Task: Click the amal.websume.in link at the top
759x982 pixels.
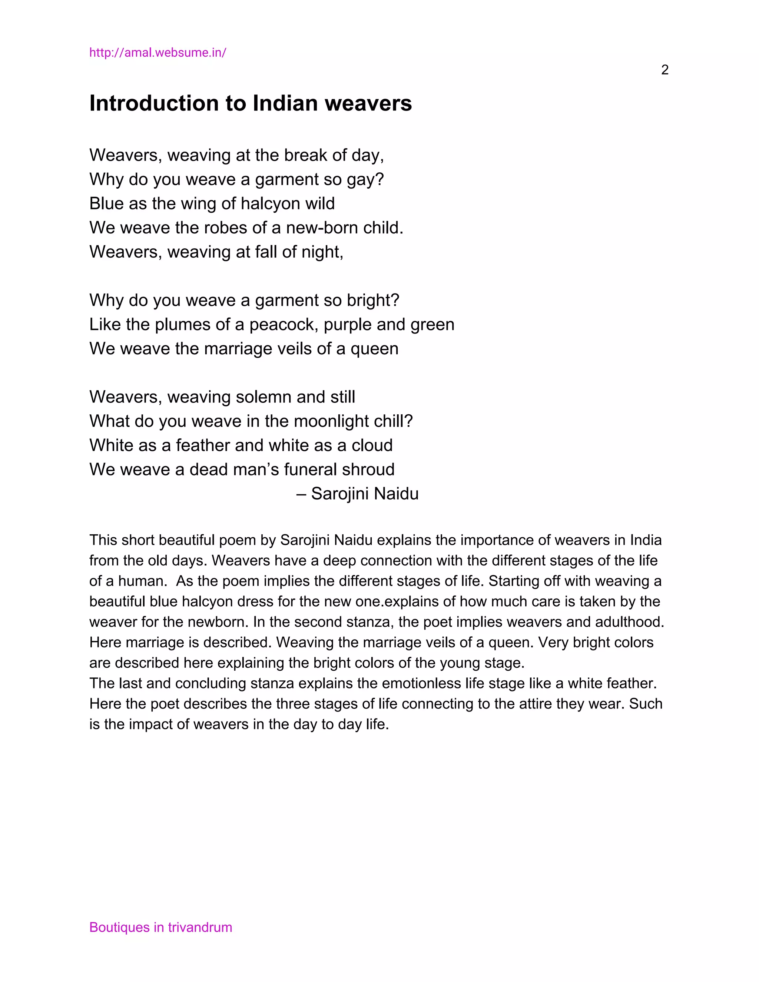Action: tap(158, 53)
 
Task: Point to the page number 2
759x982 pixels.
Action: tap(664, 70)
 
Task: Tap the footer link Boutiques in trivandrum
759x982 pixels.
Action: tap(160, 927)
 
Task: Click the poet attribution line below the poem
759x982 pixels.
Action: tap(358, 494)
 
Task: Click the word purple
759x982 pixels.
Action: tap(348, 324)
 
